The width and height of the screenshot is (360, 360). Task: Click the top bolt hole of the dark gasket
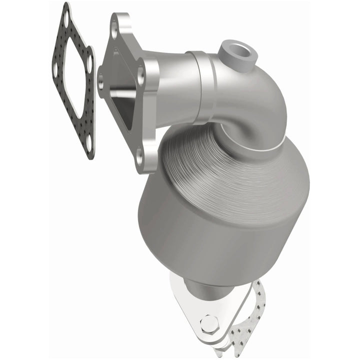65,19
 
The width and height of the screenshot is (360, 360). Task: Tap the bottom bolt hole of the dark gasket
89,143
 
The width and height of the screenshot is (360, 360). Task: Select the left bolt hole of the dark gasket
54,70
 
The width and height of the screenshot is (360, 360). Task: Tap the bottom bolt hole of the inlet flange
139,158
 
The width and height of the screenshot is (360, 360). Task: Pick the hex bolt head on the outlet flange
209,324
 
